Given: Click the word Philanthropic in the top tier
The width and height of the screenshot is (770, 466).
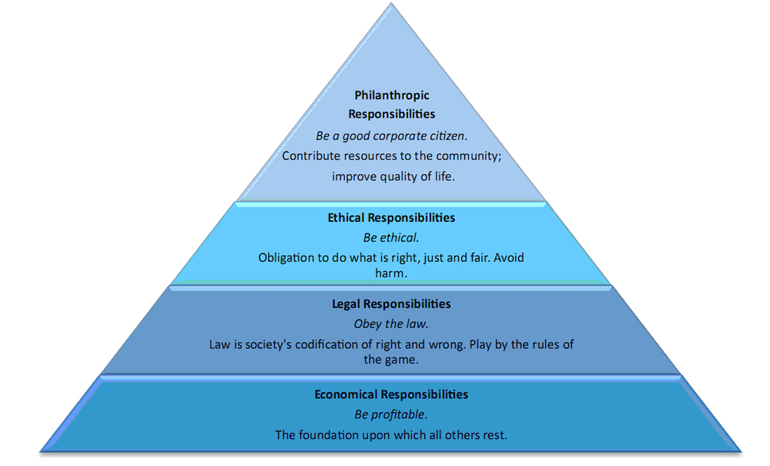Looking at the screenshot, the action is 392,96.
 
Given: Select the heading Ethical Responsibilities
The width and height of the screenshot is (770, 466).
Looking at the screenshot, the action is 391,217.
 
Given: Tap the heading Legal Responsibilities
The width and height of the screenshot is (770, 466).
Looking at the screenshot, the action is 391,304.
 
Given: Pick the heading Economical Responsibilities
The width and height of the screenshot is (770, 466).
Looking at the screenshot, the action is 391,394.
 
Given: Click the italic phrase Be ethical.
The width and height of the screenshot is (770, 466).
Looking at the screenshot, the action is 391,238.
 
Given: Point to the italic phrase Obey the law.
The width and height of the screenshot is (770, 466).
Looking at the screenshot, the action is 391,324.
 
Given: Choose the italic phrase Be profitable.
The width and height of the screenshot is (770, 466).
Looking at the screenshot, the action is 391,414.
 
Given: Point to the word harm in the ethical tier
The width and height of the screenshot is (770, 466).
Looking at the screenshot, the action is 390,273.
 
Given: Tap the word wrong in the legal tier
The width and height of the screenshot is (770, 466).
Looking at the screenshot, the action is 446,345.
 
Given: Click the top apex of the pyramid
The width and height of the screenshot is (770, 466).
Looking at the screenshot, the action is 391,3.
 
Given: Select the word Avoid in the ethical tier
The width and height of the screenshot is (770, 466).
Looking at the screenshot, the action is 509,258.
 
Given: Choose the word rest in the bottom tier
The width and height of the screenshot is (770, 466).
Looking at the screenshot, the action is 495,435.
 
